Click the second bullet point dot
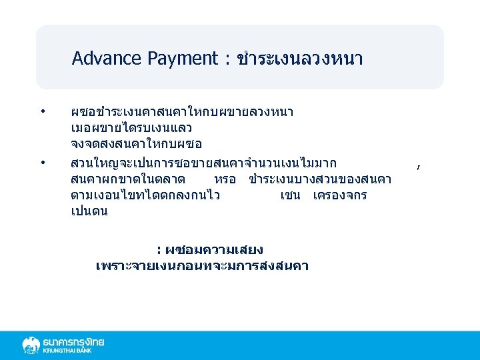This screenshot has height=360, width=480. (x=42, y=163)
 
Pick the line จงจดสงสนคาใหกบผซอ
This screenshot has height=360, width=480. (x=136, y=144)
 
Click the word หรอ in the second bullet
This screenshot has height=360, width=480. (x=225, y=180)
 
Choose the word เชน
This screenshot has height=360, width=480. (x=291, y=196)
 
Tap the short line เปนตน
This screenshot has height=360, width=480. (x=89, y=212)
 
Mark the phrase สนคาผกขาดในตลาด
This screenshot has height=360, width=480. (x=128, y=180)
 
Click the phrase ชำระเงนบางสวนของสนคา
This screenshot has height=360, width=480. (x=320, y=180)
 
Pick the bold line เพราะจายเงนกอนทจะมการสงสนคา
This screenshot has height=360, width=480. (x=202, y=267)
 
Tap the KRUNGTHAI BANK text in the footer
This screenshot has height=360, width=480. (x=67, y=351)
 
